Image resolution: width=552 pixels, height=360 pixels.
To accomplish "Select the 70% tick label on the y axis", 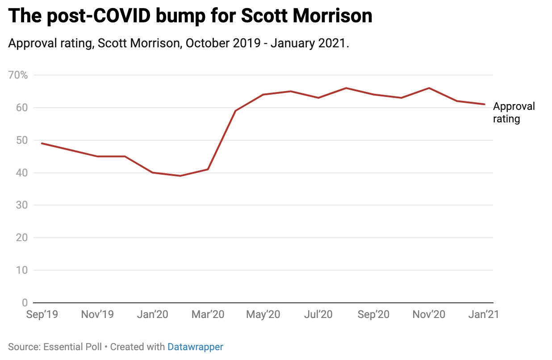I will tap(18, 75).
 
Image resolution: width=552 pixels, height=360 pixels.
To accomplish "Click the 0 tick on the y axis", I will tap(25, 303).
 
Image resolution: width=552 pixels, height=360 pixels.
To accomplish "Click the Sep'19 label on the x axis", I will tap(42, 314).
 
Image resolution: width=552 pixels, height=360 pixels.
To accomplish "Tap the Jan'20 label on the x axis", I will tap(152, 314).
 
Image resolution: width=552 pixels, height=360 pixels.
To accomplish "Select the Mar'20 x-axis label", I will tap(208, 314).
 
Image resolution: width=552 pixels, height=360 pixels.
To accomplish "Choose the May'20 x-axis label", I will tap(263, 314).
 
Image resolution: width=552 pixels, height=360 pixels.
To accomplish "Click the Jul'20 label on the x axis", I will tap(318, 314).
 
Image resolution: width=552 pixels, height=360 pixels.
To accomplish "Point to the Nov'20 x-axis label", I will tap(429, 314).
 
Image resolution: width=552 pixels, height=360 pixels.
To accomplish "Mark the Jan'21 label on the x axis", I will tap(484, 314).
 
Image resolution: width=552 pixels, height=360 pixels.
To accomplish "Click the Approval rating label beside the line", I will tap(514, 113).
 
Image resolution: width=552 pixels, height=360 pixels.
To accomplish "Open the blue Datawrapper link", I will tap(195, 347).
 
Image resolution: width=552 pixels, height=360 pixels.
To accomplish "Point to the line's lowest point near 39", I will tap(180, 176).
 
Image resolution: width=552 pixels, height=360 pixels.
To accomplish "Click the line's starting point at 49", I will tap(42, 143).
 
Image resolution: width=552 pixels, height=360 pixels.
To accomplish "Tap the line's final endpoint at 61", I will tap(485, 104).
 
